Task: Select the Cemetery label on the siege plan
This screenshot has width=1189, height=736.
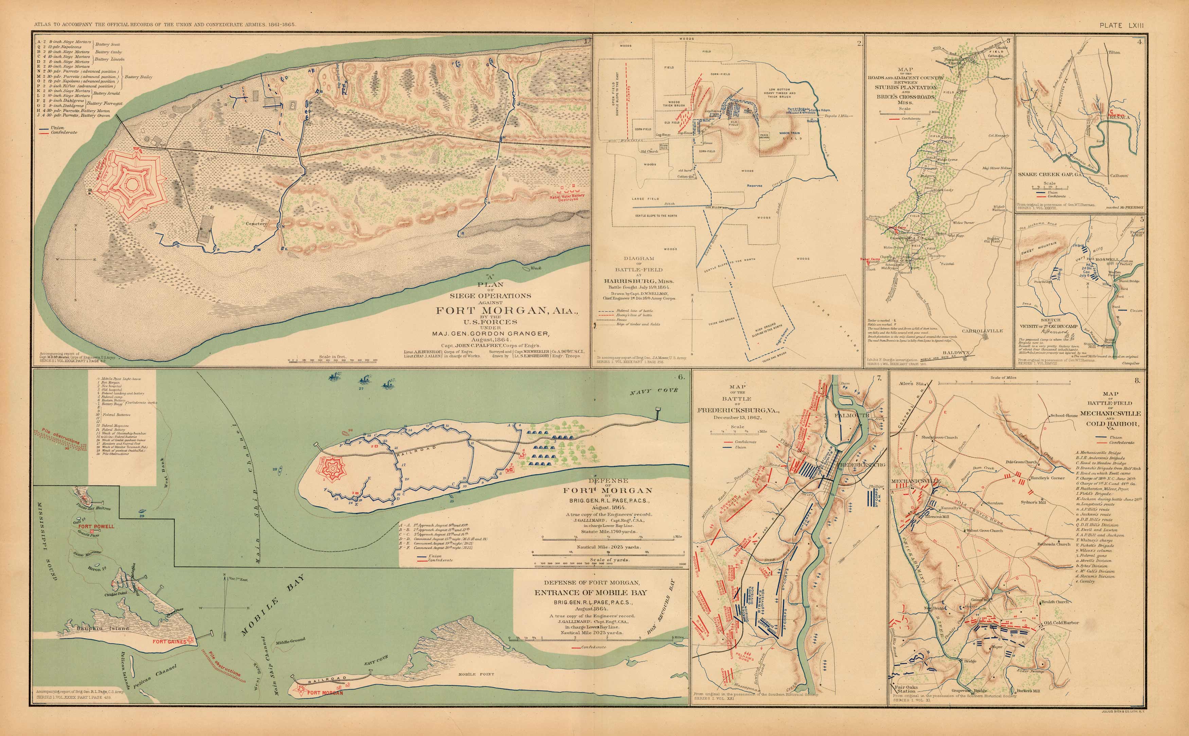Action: [256, 224]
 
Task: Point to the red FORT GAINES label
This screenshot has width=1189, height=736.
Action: [170, 642]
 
